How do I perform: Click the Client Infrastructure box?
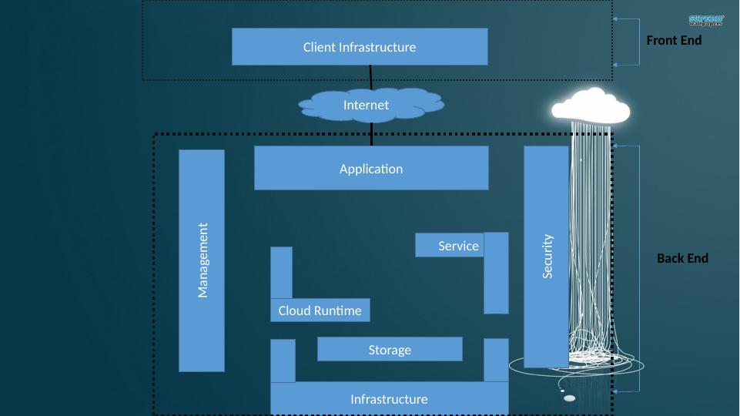[359, 47]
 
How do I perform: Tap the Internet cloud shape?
[367, 106]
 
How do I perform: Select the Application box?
[371, 169]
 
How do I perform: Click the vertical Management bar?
[202, 260]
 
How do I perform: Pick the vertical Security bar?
[546, 257]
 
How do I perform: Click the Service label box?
[450, 246]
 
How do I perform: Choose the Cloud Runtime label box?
[320, 310]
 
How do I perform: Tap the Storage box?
[390, 350]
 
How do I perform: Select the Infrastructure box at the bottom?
[389, 399]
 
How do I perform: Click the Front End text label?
[674, 41]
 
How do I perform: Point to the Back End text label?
[682, 259]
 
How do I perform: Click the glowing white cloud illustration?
[591, 106]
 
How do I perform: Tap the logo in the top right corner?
[706, 20]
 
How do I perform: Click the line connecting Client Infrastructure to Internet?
[371, 78]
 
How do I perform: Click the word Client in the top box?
[319, 47]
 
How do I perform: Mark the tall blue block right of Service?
[496, 273]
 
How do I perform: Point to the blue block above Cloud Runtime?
[281, 272]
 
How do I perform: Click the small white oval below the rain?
[569, 398]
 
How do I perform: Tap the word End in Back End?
[696, 259]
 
